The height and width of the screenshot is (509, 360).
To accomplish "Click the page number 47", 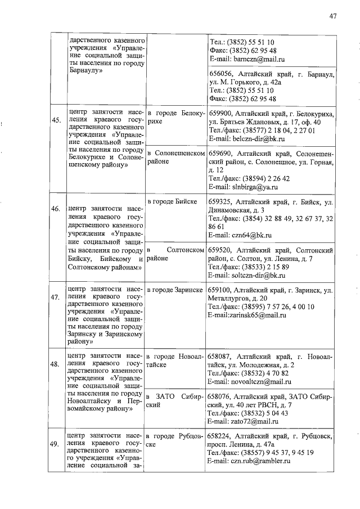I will click(333, 16).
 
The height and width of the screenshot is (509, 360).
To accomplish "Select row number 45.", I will click(56, 120).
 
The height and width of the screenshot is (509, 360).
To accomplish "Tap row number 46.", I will click(56, 209).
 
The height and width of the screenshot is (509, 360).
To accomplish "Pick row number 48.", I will click(56, 364).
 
